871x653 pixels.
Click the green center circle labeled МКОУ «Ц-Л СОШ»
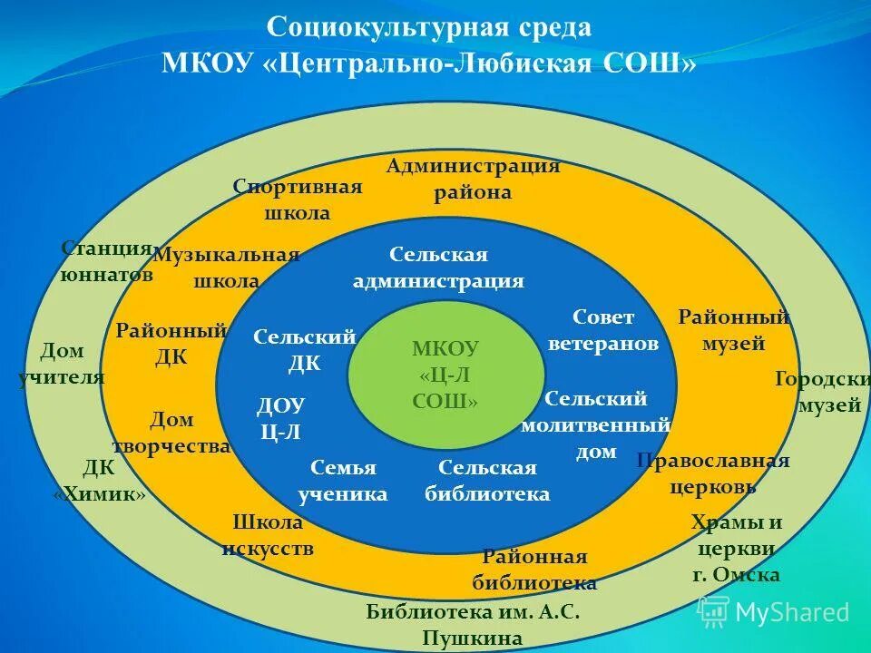[445, 375]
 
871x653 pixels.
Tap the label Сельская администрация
[438, 268]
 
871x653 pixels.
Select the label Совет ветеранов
[602, 331]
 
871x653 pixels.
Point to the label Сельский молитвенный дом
[596, 424]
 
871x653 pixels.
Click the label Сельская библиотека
[487, 481]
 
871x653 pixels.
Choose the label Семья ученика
[342, 481]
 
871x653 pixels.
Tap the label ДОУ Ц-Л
[281, 418]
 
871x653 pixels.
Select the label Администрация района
[473, 180]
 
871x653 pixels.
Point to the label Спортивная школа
[297, 200]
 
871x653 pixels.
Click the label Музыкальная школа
[226, 268]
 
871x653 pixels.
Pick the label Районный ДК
[171, 344]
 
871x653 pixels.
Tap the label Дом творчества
[171, 433]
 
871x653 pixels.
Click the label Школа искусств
[268, 535]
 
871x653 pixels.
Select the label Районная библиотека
[534, 570]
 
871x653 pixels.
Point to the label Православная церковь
[713, 473]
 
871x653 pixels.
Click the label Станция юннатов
[106, 261]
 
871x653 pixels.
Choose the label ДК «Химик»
[99, 481]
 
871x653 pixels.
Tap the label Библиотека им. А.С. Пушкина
[473, 624]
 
